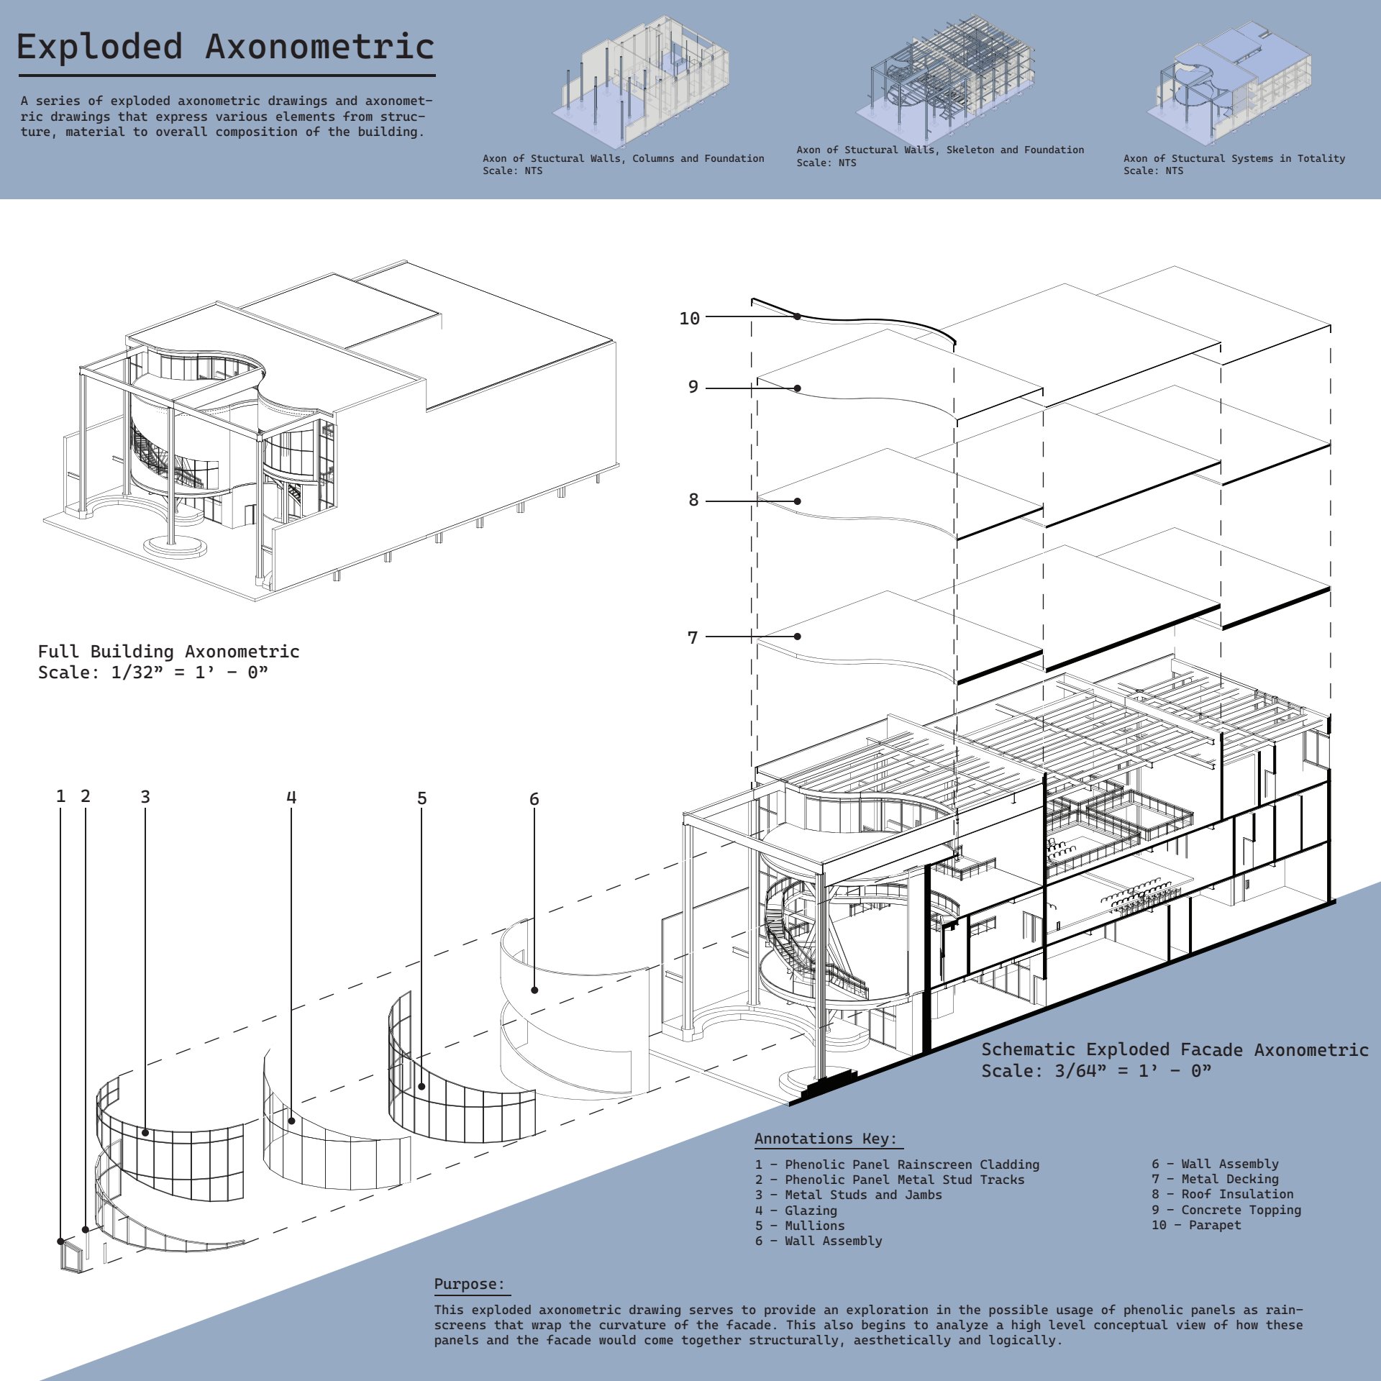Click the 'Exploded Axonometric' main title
click(x=225, y=47)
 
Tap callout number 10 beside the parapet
click(x=689, y=318)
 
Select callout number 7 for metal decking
click(x=693, y=637)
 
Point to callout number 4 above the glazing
click(x=291, y=797)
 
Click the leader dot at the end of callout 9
click(x=797, y=388)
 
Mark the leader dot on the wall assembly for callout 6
click(x=534, y=990)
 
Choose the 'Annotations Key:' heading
click(x=826, y=1139)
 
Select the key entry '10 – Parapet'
click(x=1196, y=1225)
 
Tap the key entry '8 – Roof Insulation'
click(x=1223, y=1194)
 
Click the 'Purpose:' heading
click(x=470, y=1284)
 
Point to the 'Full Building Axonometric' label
click(x=168, y=651)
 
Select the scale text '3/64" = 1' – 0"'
click(x=1133, y=1071)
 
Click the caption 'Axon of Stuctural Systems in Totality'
click(x=1234, y=158)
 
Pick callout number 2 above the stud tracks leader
click(x=86, y=796)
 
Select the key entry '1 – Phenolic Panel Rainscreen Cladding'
click(x=897, y=1164)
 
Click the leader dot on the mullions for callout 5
click(x=421, y=1086)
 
